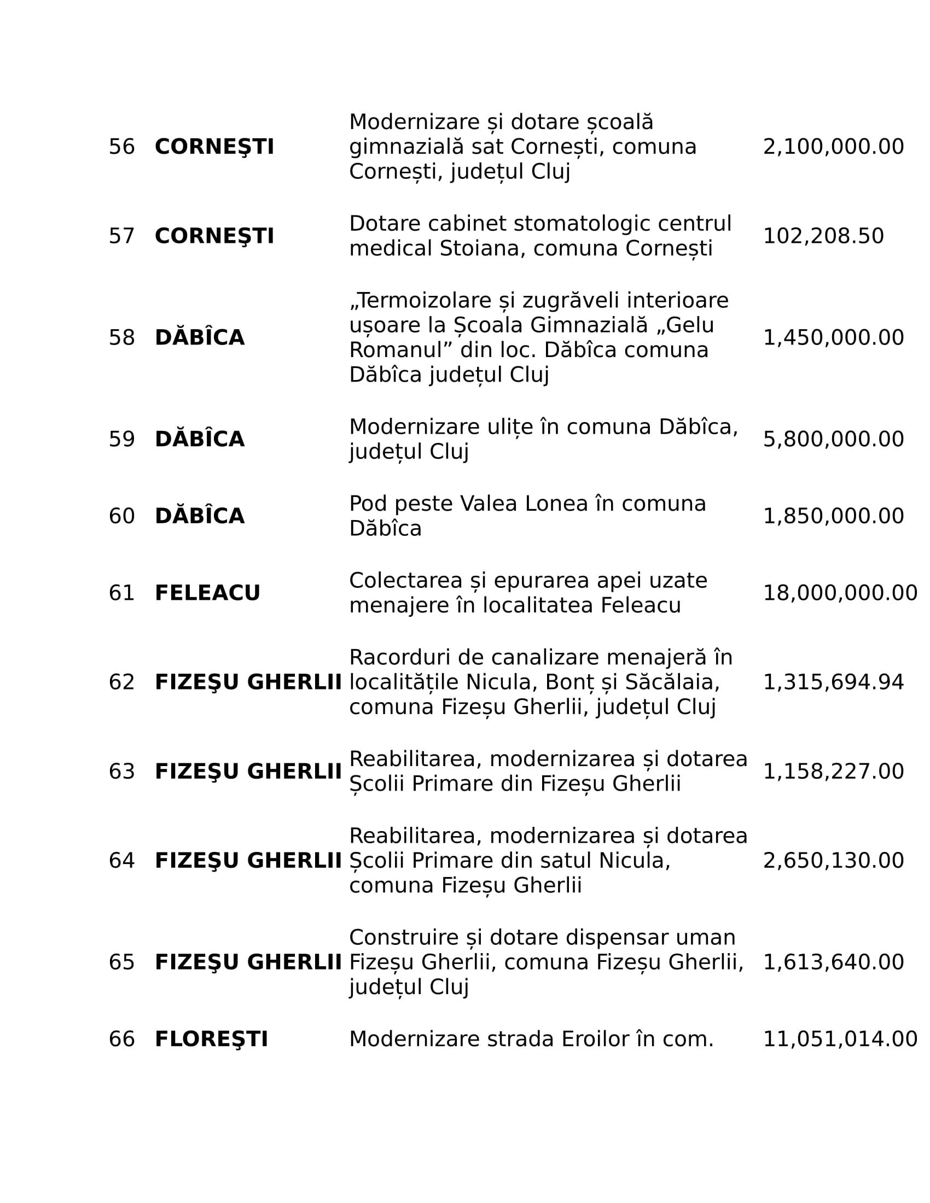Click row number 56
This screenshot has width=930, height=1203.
tap(122, 147)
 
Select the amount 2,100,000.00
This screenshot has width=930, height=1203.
tap(833, 147)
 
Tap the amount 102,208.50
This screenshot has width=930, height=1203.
tap(823, 236)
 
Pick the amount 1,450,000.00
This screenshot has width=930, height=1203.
tap(833, 337)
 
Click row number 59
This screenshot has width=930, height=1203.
tap(122, 440)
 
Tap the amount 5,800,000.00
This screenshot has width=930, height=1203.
tap(833, 440)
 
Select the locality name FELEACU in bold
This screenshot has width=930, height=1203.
tap(207, 593)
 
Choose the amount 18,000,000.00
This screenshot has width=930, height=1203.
tap(840, 593)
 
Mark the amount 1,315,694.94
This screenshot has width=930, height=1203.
tap(833, 682)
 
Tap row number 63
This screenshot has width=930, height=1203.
tap(122, 772)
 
